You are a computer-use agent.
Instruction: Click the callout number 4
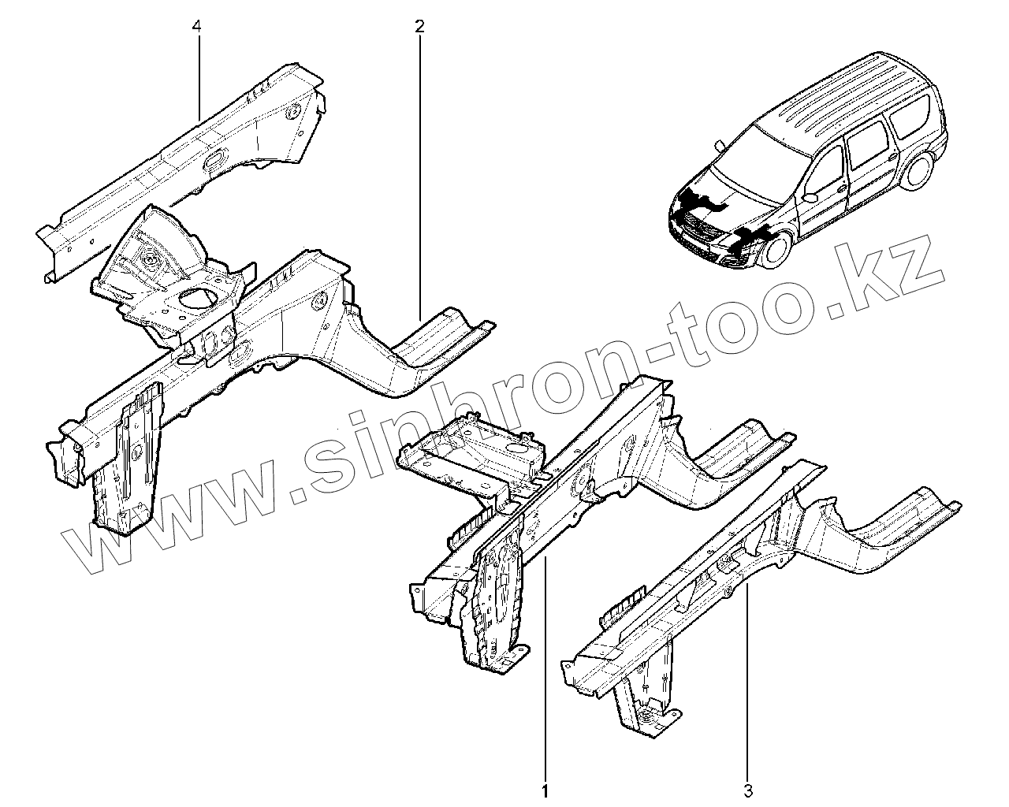[x=197, y=27]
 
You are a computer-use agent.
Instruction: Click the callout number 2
[x=419, y=27]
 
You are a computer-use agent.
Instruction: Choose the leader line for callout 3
[x=748, y=670]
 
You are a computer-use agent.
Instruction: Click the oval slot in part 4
[x=214, y=161]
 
